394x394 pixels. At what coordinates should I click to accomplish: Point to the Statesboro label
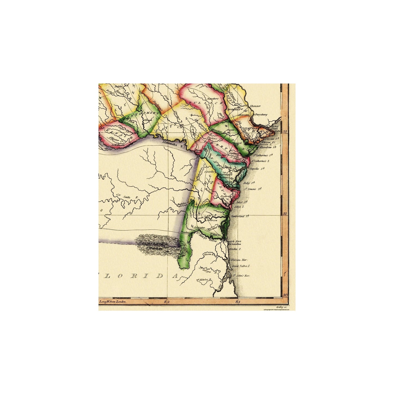[213, 98]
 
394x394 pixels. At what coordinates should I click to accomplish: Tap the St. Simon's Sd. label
[252, 189]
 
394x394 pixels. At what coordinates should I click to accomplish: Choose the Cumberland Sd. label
[240, 216]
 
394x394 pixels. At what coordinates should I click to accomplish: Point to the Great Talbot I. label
[241, 265]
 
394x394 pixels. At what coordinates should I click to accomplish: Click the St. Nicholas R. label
[204, 279]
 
